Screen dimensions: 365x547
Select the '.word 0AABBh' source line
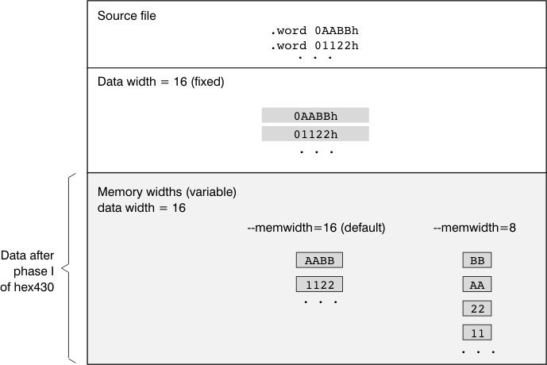point(314,31)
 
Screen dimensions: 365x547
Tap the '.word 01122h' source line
point(314,45)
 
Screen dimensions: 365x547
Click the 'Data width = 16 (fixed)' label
point(161,82)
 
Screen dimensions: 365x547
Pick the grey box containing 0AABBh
point(315,116)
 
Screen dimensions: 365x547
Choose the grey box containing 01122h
point(315,135)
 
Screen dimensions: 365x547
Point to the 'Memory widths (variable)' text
point(167,192)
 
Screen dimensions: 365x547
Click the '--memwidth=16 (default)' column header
point(316,228)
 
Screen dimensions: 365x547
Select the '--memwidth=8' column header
point(475,228)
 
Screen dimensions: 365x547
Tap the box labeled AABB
point(319,260)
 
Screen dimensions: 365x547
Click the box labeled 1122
point(319,284)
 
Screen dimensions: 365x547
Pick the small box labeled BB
point(477,260)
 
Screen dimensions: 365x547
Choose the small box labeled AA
point(477,284)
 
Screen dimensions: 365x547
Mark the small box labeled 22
point(477,308)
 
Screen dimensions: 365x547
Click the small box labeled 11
point(477,332)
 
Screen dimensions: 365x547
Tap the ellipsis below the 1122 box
point(319,302)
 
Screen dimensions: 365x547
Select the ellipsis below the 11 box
point(477,351)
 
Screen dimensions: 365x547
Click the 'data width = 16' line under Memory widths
point(141,207)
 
